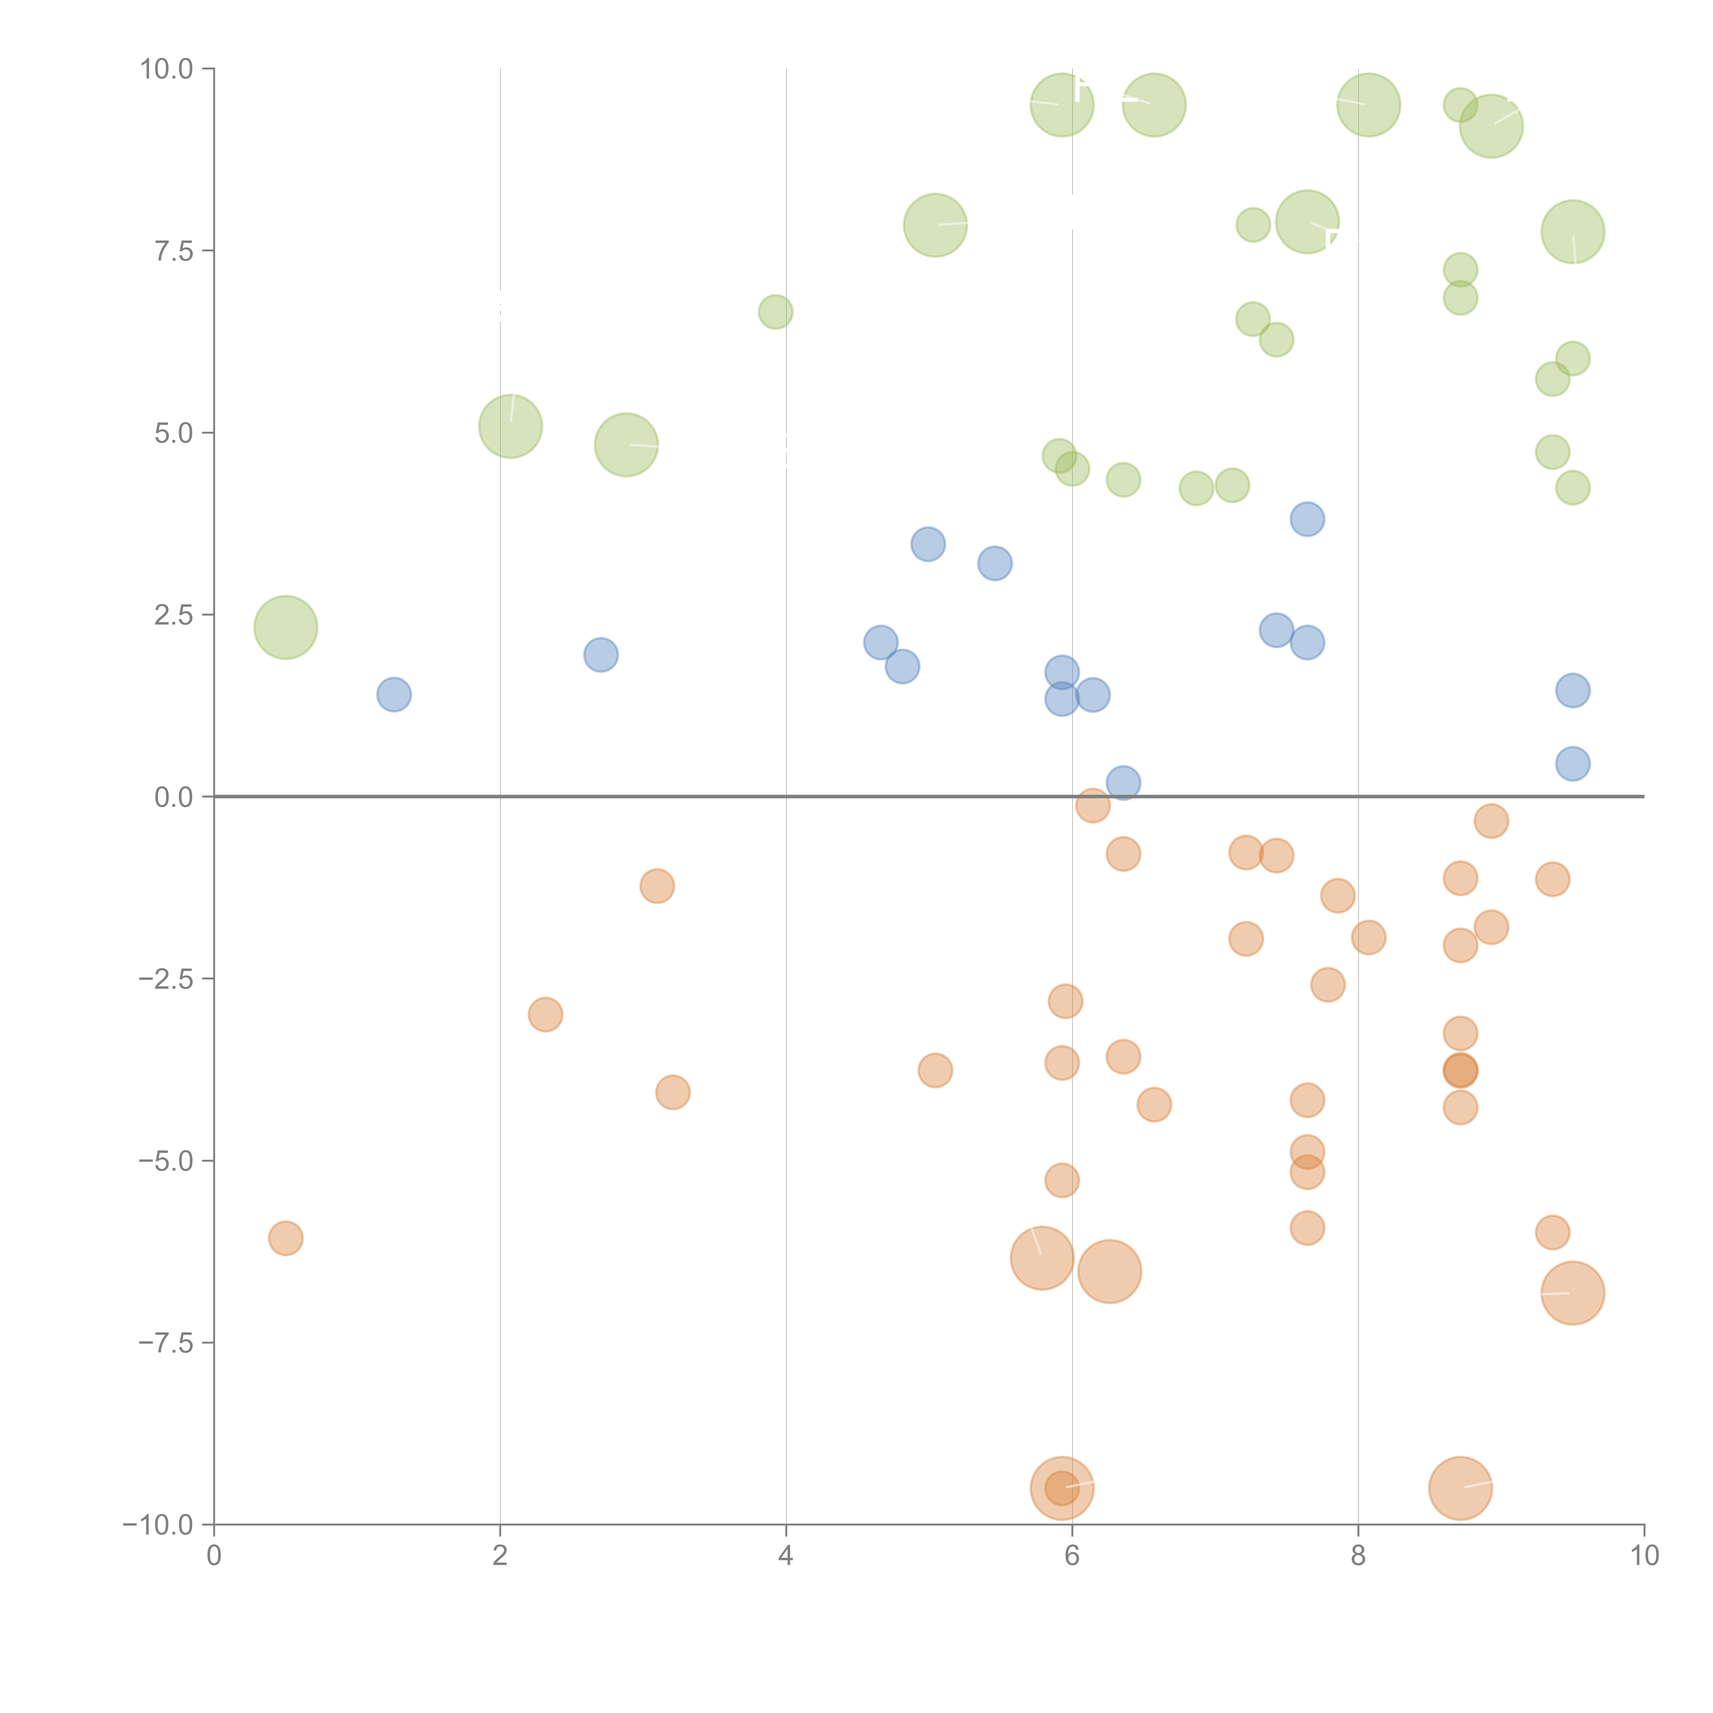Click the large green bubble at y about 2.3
(x=285, y=628)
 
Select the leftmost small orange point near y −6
(x=285, y=1238)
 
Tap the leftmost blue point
(x=394, y=694)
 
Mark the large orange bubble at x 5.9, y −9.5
(x=1062, y=1489)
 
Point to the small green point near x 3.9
(x=776, y=312)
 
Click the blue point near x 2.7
(x=601, y=655)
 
